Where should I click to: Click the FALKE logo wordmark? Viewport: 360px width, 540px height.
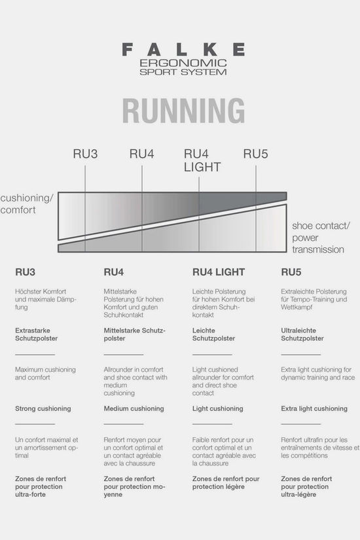pos(183,50)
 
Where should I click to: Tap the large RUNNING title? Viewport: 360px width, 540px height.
pos(183,111)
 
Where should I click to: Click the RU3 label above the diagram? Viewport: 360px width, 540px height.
pos(85,154)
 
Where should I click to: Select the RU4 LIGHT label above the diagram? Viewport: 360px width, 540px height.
pos(202,160)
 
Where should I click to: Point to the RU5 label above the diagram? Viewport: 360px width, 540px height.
pos(256,154)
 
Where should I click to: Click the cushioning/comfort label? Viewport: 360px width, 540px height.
pos(27,204)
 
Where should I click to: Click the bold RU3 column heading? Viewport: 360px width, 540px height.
pos(25,272)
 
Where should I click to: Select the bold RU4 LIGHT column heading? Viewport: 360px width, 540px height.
pos(219,272)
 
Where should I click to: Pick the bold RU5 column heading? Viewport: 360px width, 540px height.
pos(291,272)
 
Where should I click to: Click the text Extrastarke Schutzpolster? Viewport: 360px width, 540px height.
pos(36,334)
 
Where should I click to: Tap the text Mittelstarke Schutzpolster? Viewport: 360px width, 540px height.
pos(135,334)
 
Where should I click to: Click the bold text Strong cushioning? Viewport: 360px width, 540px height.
pos(43,408)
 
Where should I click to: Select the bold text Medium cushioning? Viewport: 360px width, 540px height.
pos(134,408)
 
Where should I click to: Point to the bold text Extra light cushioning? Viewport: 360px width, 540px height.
pos(314,408)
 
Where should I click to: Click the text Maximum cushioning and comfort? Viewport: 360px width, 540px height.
pos(45,373)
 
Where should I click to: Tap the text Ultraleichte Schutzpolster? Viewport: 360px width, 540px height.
pos(302,334)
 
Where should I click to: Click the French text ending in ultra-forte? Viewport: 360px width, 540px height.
pos(41,486)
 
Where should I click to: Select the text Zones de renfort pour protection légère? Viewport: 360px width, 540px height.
pos(226,482)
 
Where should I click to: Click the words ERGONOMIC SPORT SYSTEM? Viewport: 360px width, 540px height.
pos(183,67)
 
